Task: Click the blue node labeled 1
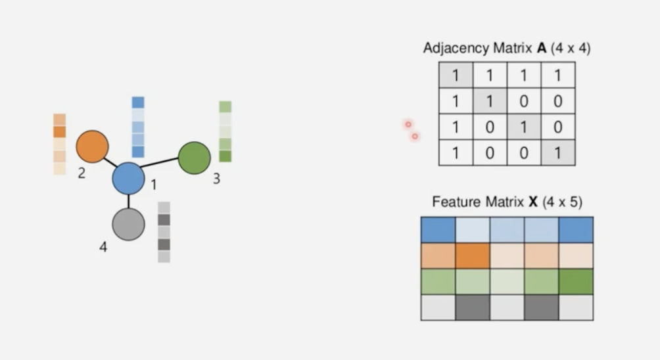coord(128,179)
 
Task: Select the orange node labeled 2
coord(92,146)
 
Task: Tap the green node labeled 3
coord(195,158)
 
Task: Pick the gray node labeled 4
coord(128,224)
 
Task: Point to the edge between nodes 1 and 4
coord(128,202)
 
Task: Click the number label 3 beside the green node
coord(216,178)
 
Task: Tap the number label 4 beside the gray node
coord(103,247)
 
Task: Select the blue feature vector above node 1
coord(138,127)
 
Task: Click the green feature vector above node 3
coord(225,131)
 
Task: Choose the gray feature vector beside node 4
coord(164,232)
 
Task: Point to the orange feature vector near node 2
coord(60,144)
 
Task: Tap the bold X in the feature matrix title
coord(533,202)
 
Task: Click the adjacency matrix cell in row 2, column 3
coord(524,101)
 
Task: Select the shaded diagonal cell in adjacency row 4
coord(558,152)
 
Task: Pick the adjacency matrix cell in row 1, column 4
coord(558,76)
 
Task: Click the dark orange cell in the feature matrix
coord(473,256)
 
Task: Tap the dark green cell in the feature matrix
coord(576,282)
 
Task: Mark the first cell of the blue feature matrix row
coord(438,230)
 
